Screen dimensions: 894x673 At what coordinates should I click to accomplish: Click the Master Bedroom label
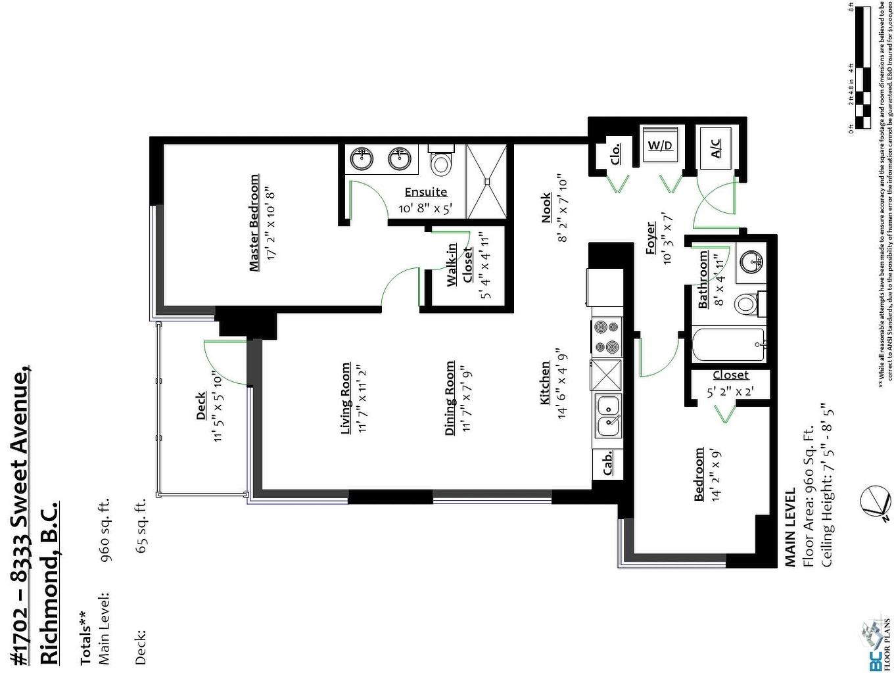tap(254, 223)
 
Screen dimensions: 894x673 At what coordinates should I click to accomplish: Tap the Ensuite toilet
tap(440, 161)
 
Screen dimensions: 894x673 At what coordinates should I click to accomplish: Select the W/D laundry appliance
tap(660, 145)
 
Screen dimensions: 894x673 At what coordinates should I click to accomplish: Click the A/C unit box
tap(716, 147)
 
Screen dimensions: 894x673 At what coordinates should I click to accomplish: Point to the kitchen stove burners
tap(607, 336)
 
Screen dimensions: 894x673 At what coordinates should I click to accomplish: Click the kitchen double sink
tap(607, 415)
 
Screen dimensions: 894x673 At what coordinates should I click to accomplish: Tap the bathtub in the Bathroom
tap(728, 345)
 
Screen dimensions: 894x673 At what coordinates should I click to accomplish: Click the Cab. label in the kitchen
tap(607, 463)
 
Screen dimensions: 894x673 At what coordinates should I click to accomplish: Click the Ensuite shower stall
tap(486, 181)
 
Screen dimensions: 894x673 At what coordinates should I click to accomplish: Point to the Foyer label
tap(651, 238)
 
